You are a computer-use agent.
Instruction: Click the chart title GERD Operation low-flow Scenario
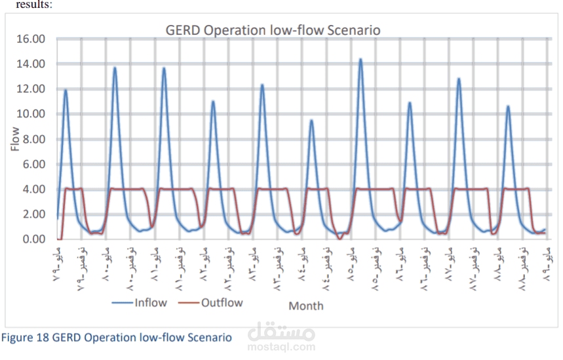tap(272, 30)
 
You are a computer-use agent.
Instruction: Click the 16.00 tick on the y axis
tap(32, 39)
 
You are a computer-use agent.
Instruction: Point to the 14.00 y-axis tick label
tap(32, 64)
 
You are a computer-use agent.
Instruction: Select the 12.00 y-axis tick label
tap(32, 89)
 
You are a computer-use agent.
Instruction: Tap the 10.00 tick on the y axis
tap(32, 113)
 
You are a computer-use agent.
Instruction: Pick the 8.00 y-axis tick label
tap(35, 139)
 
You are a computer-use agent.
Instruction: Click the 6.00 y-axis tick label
tap(35, 164)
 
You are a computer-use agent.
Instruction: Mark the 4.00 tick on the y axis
tap(35, 189)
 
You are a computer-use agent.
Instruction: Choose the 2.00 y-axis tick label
tap(35, 214)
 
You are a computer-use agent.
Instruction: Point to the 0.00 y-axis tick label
tap(35, 239)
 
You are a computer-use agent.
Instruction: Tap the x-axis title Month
tap(305, 306)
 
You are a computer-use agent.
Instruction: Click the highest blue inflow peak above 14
tap(360, 59)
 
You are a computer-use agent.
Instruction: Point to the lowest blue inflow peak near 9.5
tap(311, 120)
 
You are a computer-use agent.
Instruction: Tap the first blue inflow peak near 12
tap(66, 90)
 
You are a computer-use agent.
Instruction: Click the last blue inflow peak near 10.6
tap(508, 106)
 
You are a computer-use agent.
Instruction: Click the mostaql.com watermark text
tap(282, 348)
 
